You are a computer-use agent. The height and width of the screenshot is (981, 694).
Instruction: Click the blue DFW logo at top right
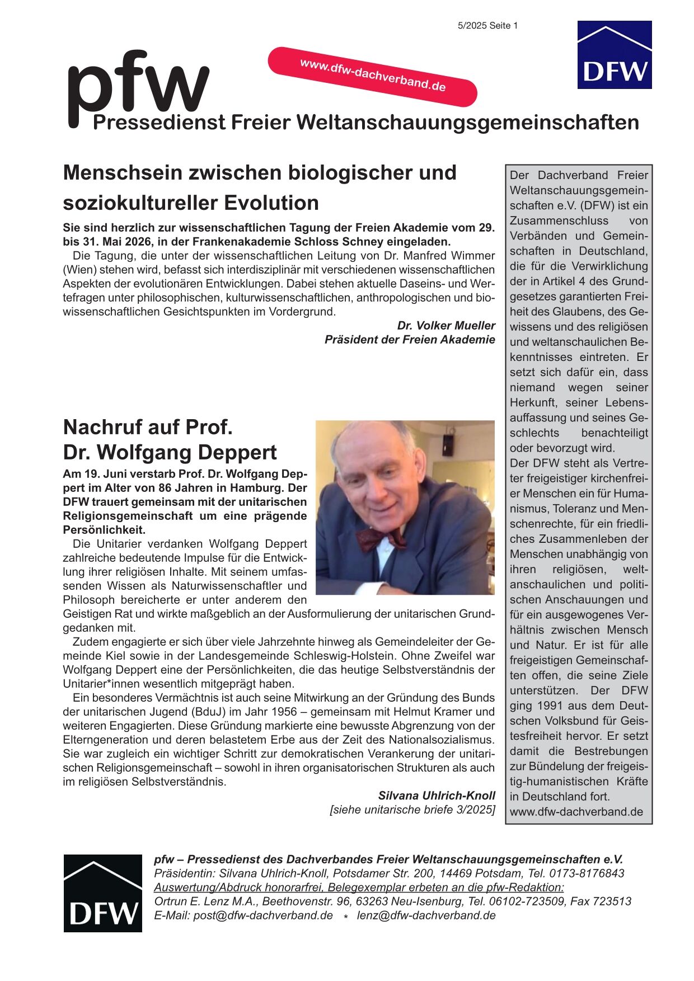[614, 55]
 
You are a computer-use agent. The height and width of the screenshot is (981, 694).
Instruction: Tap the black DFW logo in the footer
[102, 893]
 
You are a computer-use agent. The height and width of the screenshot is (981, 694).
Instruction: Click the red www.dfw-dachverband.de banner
[373, 76]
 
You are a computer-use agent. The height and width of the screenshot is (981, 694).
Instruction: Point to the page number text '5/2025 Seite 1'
[487, 26]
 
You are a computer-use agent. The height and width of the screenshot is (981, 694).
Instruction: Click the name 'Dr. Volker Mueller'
[446, 326]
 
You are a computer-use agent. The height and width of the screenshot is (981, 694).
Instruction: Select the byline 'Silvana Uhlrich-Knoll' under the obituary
[437, 795]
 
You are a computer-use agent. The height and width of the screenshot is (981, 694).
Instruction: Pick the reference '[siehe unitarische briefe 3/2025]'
[412, 810]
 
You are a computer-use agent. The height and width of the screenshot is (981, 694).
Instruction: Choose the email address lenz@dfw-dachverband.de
[426, 916]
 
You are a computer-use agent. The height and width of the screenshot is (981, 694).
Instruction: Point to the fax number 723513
[611, 902]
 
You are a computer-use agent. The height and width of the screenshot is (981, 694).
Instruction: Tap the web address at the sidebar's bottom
[576, 811]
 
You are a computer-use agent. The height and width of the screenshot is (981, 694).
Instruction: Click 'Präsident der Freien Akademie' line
[410, 340]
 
